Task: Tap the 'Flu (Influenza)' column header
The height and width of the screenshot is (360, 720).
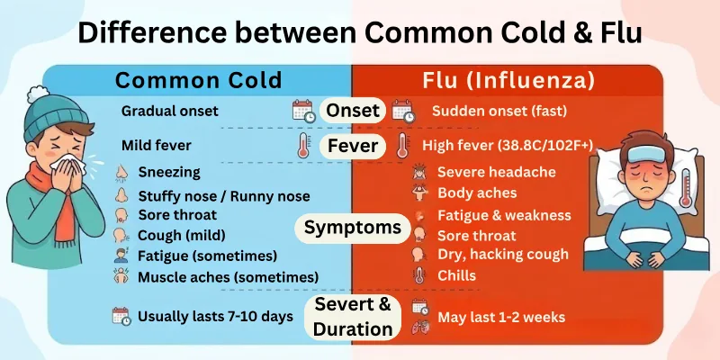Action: (508, 80)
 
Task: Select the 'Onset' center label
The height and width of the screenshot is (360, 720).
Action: (354, 112)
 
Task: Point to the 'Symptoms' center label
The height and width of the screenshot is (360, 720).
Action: (352, 228)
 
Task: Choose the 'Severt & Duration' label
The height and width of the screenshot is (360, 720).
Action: (354, 317)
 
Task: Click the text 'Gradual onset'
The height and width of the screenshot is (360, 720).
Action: (167, 112)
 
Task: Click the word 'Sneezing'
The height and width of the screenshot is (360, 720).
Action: (169, 172)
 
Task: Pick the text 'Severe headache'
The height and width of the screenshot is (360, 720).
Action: (496, 172)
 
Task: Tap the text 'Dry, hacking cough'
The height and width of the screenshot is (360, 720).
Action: (502, 255)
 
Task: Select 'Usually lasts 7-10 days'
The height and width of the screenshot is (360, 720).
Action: (214, 317)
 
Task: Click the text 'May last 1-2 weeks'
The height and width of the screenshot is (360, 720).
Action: (500, 317)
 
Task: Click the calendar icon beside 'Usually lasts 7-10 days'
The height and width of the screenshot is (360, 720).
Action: (121, 317)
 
